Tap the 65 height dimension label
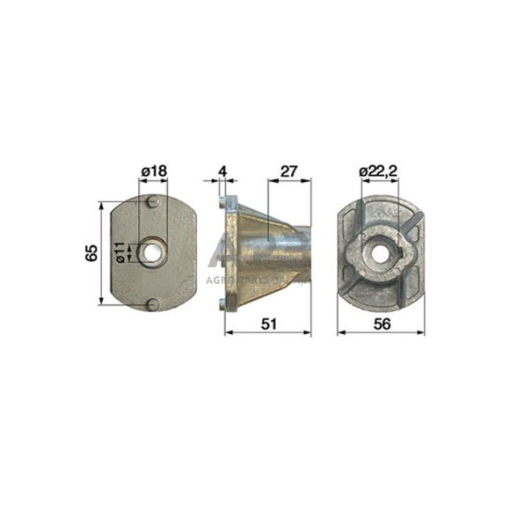point(91,253)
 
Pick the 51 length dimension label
point(268,324)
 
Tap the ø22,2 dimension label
point(380,171)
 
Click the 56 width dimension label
point(382,324)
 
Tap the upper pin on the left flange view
point(153,204)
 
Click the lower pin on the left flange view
point(153,303)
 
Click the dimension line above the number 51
point(268,333)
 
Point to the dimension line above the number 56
point(381,333)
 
